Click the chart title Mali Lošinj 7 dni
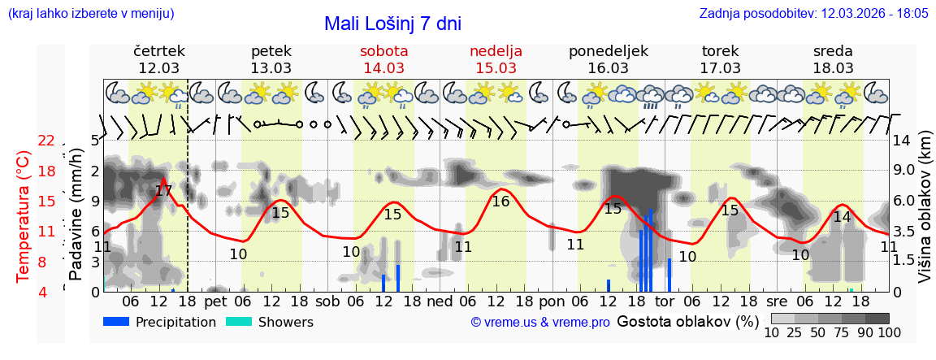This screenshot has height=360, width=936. tap(392, 24)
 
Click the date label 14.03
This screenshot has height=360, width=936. tap(383, 68)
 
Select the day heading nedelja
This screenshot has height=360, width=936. tap(496, 51)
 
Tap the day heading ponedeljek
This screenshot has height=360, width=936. tap(608, 51)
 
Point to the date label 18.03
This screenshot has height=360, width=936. tap(833, 68)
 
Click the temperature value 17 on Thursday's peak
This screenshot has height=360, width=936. tap(163, 192)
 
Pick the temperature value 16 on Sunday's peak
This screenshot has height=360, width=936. tap(500, 202)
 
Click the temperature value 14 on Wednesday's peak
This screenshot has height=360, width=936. tap(842, 217)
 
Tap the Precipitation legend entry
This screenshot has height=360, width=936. tap(160, 322)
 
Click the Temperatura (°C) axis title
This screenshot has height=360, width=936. tap(24, 216)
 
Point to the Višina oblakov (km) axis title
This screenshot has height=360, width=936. tap(925, 216)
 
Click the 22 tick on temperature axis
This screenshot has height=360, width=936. tap(46, 141)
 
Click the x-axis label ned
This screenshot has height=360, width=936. tap(440, 301)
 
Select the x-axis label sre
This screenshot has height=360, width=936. tap(778, 301)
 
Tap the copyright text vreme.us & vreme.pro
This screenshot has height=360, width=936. tap(540, 322)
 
